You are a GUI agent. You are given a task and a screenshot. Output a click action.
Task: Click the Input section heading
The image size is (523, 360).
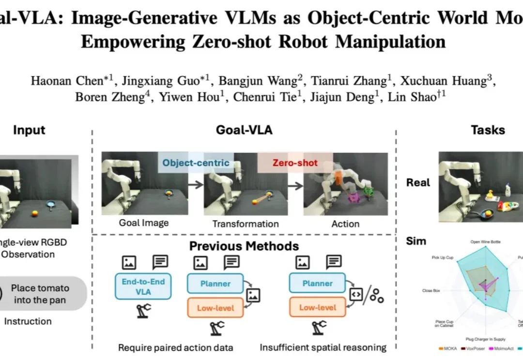tap(29, 130)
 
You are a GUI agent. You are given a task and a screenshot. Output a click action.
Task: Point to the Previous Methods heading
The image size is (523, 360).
tap(244, 246)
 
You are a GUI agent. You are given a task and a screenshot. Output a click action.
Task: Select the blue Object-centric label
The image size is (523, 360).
tap(196, 163)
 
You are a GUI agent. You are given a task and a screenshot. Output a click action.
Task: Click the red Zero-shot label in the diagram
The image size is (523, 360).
tap(294, 163)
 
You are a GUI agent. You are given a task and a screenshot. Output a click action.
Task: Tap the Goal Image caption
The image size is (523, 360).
tap(144, 223)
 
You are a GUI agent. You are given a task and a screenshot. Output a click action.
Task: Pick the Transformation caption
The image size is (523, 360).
tap(246, 224)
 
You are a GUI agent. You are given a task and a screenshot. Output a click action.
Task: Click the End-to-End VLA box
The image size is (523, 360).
tap(143, 286)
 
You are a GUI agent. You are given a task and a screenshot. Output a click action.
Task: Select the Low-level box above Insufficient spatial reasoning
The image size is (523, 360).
tap(318, 308)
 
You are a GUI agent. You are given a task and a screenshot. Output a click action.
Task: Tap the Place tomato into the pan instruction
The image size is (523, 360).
tap(41, 294)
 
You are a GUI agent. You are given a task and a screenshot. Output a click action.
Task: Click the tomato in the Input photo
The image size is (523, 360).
tap(35, 213)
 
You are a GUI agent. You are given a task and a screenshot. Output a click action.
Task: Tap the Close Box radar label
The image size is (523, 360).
tap(431, 291)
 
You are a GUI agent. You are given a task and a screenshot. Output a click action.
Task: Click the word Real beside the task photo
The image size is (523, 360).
tap(418, 182)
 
